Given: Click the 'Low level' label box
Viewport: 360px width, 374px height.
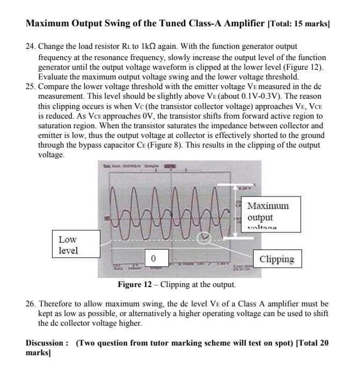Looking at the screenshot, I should (68, 245).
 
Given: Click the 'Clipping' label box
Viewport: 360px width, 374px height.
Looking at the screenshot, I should (276, 259).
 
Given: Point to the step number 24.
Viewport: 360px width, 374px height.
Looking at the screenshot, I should (31, 47).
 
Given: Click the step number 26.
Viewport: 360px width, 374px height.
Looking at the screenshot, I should (31, 304).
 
